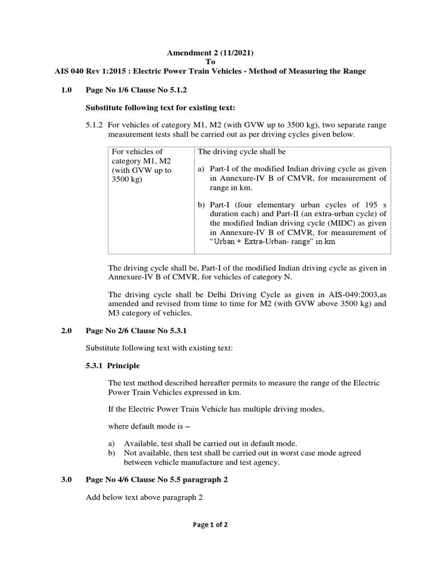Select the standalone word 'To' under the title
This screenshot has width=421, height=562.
(x=210, y=62)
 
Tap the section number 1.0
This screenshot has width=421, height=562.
(x=67, y=89)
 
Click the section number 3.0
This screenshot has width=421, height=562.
(x=67, y=479)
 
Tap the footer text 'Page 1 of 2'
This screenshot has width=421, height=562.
(x=210, y=525)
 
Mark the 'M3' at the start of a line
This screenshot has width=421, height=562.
(x=114, y=313)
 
